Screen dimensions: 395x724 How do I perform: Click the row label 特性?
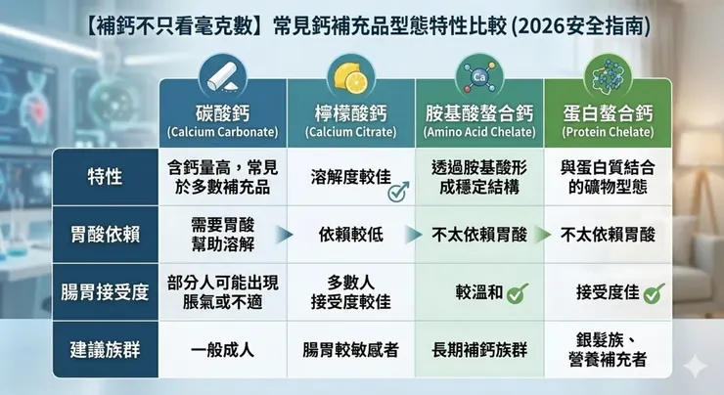tap(105, 177)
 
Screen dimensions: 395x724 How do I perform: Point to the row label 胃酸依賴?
tap(105, 235)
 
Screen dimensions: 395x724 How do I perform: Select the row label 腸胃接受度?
tap(105, 291)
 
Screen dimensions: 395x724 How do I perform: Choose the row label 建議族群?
tap(105, 349)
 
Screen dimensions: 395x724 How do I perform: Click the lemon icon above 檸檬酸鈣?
tap(349, 74)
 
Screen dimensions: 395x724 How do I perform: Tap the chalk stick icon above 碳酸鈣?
tap(222, 74)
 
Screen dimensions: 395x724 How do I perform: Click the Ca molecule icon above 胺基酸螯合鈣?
tap(478, 74)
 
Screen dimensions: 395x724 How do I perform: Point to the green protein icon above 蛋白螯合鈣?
tap(607, 74)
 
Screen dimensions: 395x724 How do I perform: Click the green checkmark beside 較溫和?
tap(519, 291)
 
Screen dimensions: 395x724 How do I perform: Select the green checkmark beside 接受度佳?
tap(655, 291)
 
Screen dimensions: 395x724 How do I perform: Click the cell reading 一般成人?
tap(223, 349)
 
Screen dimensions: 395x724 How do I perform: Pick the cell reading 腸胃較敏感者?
tap(349, 349)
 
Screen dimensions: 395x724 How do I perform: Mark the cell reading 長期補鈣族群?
tap(478, 349)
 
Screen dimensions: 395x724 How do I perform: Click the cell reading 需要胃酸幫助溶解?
tap(223, 235)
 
